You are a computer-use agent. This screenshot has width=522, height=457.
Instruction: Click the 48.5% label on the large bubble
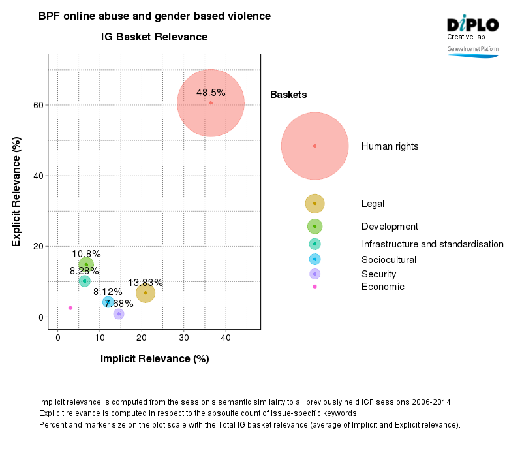point(211,93)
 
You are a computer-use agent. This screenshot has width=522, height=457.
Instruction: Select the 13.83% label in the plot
point(146,283)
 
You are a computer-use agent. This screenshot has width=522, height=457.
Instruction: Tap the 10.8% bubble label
point(86,254)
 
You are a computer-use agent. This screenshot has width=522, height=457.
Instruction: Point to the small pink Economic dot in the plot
point(70,307)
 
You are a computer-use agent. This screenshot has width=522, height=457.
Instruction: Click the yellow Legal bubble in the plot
point(146,294)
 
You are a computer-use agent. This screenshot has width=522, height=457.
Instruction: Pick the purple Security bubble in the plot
point(119,314)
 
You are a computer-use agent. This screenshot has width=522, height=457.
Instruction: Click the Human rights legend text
point(390,146)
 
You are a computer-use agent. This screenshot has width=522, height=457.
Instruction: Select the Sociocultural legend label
point(389,259)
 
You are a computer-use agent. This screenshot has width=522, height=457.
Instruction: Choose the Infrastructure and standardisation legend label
point(432,244)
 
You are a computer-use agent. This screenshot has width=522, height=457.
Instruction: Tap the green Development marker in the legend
point(315,227)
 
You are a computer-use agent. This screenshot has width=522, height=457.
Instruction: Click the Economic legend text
point(382,287)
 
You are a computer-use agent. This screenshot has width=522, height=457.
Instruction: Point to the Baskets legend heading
point(288,95)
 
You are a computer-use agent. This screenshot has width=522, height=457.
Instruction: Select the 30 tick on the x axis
point(184,338)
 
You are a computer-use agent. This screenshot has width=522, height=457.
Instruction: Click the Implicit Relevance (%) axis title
point(155,358)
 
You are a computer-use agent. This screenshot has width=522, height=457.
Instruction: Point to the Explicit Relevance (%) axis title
point(17,191)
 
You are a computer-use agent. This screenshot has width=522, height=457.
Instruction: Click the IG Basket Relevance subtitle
point(155,37)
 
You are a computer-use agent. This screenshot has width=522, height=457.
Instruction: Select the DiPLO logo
point(472,25)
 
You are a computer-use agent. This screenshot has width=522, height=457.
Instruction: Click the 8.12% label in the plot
point(107,292)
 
